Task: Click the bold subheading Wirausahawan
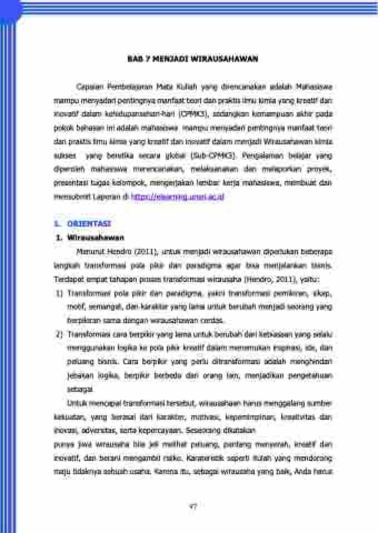pos(95,237)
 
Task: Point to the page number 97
pos(193,506)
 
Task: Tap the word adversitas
pos(87,430)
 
